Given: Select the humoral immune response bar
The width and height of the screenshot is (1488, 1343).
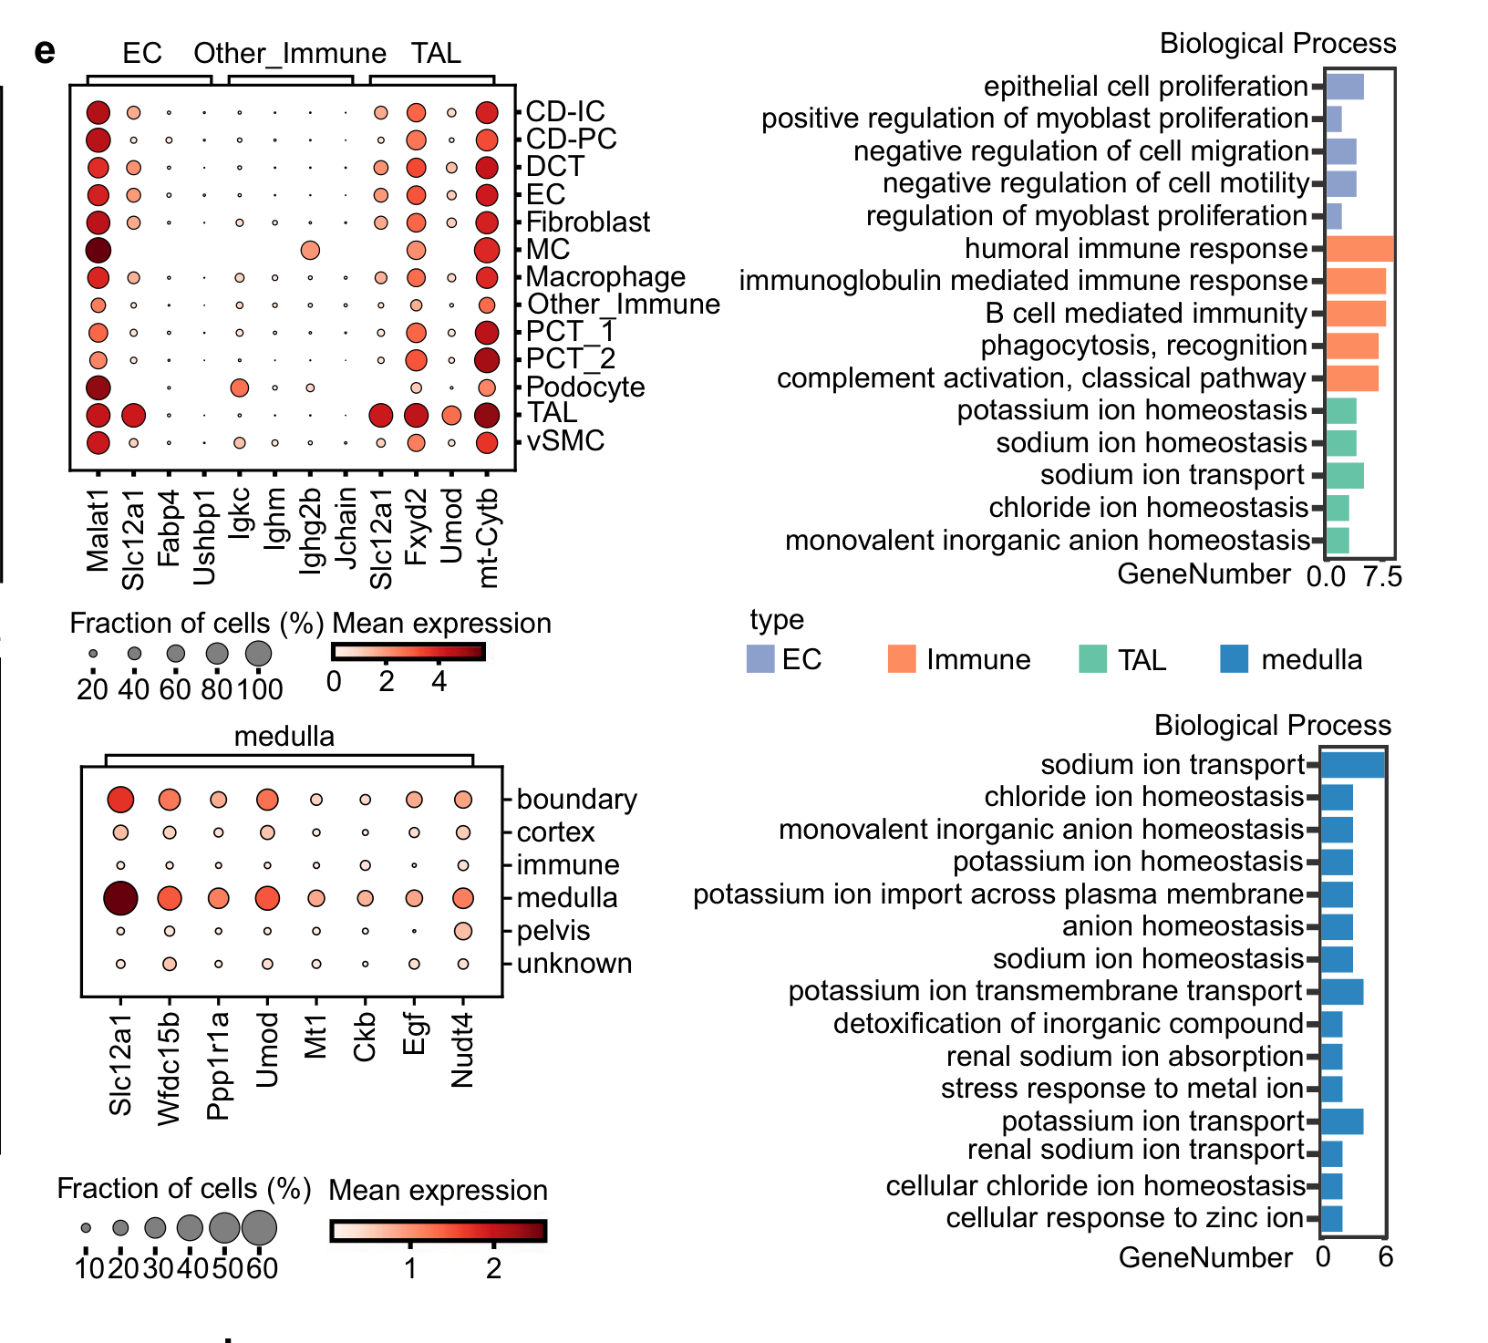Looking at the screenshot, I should [1359, 249].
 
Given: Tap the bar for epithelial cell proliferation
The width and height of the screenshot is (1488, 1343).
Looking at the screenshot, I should [1345, 87].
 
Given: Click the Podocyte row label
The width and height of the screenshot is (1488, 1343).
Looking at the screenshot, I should [585, 387].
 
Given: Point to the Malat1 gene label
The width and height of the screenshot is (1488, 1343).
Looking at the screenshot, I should [98, 530].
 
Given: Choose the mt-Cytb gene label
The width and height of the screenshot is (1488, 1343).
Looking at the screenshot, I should [488, 538].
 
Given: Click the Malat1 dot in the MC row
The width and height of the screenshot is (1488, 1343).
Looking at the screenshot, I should [98, 250].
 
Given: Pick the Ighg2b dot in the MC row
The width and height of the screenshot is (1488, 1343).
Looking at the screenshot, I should [310, 250].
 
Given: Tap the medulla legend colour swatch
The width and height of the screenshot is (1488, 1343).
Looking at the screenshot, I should [1234, 659].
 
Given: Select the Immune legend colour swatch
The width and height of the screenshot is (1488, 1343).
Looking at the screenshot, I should [901, 659].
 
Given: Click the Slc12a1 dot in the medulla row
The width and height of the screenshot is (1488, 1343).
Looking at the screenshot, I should [120, 898].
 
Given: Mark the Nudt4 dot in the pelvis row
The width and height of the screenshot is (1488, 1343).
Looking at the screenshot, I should [463, 931].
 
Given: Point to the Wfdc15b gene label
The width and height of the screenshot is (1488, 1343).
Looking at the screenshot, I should [170, 1068].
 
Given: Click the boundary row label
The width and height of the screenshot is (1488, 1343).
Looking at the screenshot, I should [576, 800].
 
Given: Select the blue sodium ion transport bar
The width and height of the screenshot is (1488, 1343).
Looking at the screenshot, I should [1352, 764].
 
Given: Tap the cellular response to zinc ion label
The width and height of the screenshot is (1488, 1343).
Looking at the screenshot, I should [1124, 1218].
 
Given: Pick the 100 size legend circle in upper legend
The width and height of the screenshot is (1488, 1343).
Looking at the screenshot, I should [258, 653].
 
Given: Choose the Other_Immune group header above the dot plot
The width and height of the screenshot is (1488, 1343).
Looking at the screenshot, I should [290, 54].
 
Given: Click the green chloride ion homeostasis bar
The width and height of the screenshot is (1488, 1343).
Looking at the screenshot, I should [1338, 508].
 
